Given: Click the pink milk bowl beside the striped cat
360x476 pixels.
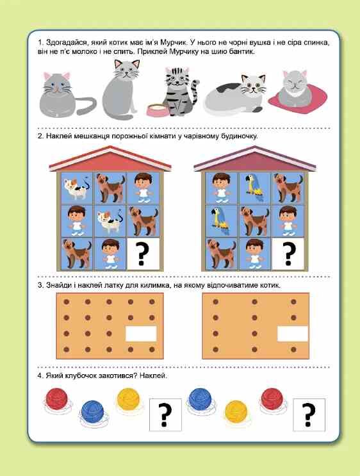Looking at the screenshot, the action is point(158,110).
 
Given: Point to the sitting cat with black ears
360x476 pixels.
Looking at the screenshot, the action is point(121,89).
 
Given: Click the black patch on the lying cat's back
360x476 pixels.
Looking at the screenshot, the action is point(227,88).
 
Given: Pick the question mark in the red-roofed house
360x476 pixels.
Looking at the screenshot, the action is point(143,254).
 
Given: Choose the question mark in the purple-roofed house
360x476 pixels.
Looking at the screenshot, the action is point(288,254).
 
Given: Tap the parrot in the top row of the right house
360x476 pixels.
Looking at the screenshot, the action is point(254,188).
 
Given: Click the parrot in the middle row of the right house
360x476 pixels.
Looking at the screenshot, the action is point(221,221).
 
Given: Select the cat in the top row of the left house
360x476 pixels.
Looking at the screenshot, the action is point(76,188).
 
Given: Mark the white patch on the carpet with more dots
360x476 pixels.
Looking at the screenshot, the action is point(141,334).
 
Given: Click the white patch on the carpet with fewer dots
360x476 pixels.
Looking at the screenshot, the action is point(292,334).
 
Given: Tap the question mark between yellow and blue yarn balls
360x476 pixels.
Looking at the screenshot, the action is point(165,414).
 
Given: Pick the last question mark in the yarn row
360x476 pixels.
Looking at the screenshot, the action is point(309,414).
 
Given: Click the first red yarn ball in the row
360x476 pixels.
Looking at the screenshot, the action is point(57,399).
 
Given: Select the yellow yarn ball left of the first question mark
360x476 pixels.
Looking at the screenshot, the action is point(128,399).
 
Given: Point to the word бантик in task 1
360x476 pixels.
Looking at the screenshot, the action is point(243,52).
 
